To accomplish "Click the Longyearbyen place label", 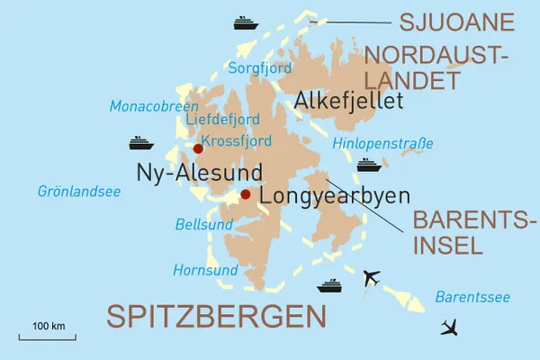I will coord(334,196).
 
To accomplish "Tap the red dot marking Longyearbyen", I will coord(246,193).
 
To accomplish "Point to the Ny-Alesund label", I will coord(199,172).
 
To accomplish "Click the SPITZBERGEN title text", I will coord(215,316).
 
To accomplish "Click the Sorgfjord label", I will coord(261,67).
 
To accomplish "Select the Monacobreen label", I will coord(154,106).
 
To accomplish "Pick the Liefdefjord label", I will coord(221,120).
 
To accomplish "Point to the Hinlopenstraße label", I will coord(382,143).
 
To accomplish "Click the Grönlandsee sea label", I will coord(79,191).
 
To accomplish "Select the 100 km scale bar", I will coord(50,336).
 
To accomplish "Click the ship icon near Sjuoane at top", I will coord(246,22).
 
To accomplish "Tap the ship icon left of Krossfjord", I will coord(142,143).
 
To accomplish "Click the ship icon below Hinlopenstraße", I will coord(370,166).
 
